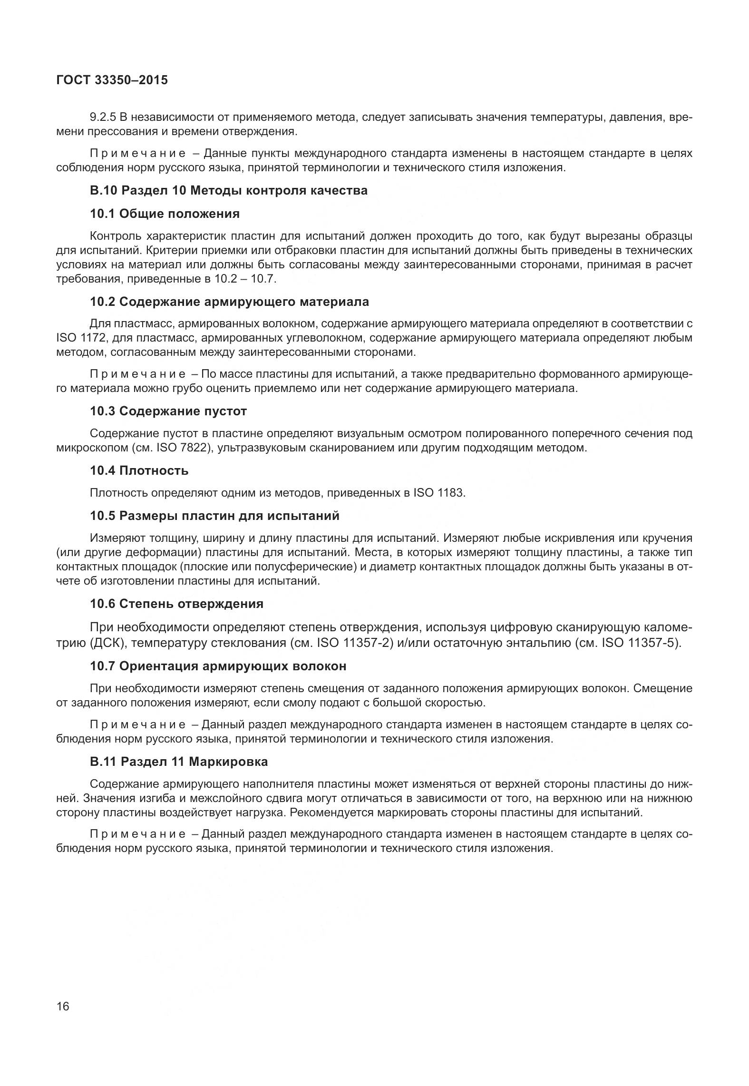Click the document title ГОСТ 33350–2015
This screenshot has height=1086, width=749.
[x=112, y=80]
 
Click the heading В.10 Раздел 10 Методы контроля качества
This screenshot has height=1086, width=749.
[x=228, y=191]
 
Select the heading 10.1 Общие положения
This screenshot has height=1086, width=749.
[x=165, y=214]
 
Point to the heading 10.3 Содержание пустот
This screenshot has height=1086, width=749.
[x=168, y=411]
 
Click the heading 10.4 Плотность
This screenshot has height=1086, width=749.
[x=139, y=470]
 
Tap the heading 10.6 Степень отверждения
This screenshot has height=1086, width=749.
[x=176, y=604]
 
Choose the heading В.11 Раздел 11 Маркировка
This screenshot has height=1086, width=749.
[x=179, y=762]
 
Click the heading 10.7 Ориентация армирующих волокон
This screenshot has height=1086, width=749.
[x=218, y=666]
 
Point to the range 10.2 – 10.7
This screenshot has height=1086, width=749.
[x=245, y=279]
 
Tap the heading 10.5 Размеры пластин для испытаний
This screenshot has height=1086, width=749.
[x=214, y=516]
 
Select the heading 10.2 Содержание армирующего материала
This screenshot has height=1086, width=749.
[x=229, y=302]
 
